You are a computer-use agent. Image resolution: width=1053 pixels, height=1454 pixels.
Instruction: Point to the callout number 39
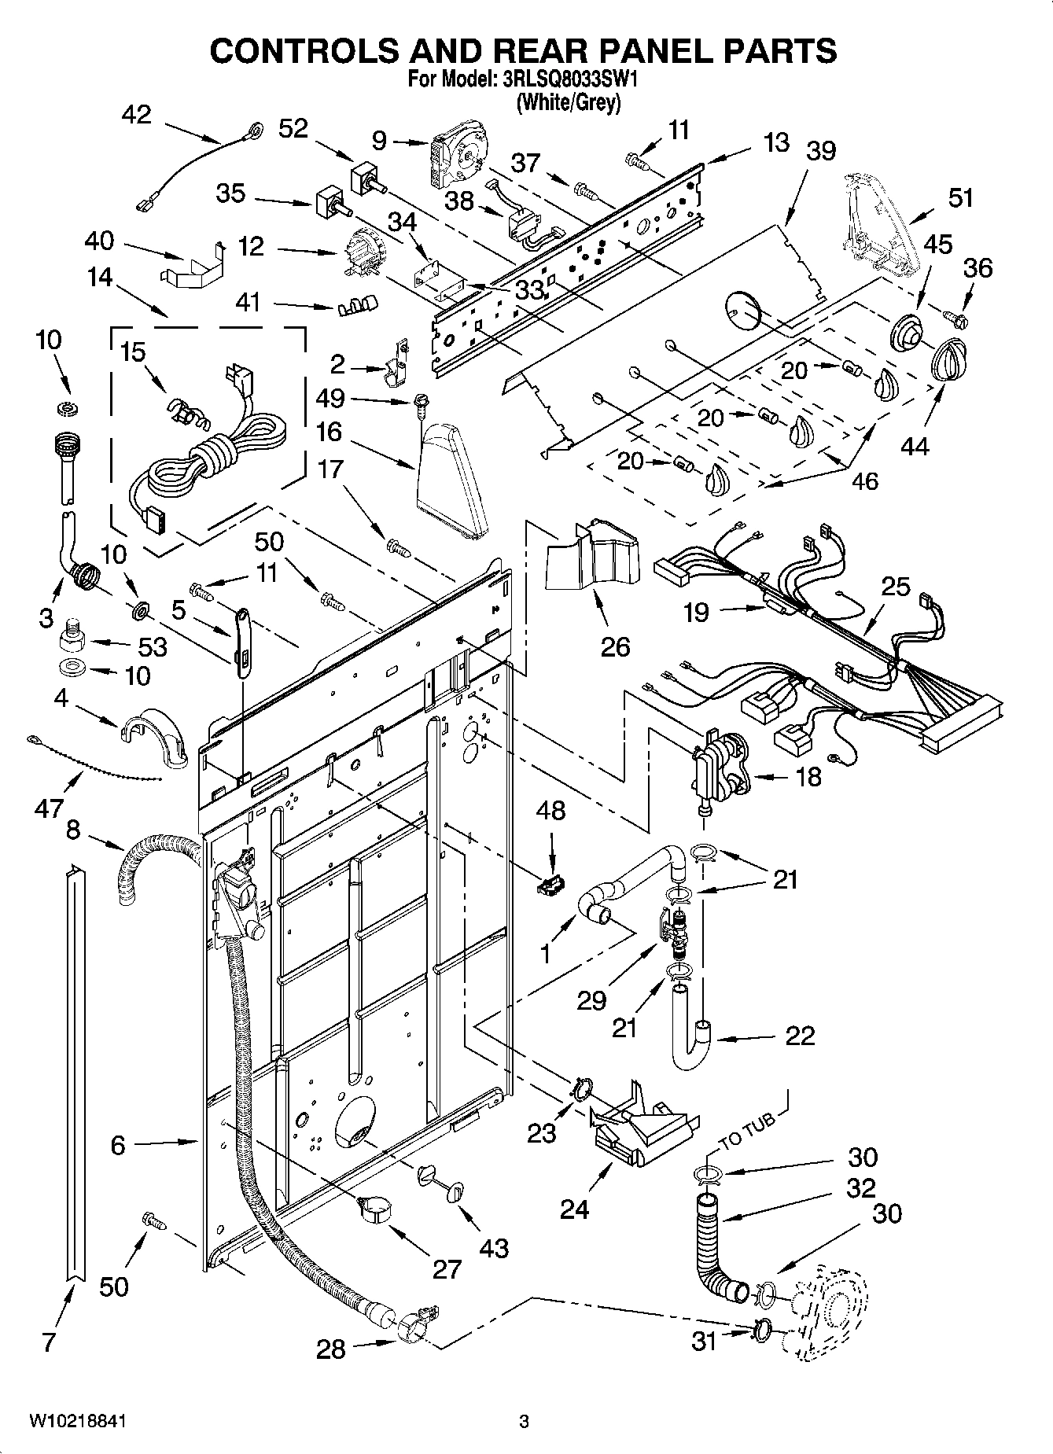[x=820, y=150]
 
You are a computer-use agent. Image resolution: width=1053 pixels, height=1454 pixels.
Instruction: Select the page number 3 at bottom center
[x=524, y=1421]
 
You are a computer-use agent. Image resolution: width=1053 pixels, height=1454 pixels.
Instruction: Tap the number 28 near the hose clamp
[x=330, y=1349]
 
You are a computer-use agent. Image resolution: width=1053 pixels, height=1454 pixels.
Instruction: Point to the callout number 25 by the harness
[x=896, y=586]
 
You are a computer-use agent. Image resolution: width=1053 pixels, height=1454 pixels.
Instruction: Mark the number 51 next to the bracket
[x=960, y=197]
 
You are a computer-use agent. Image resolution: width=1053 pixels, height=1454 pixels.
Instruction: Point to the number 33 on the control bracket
[x=529, y=289]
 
